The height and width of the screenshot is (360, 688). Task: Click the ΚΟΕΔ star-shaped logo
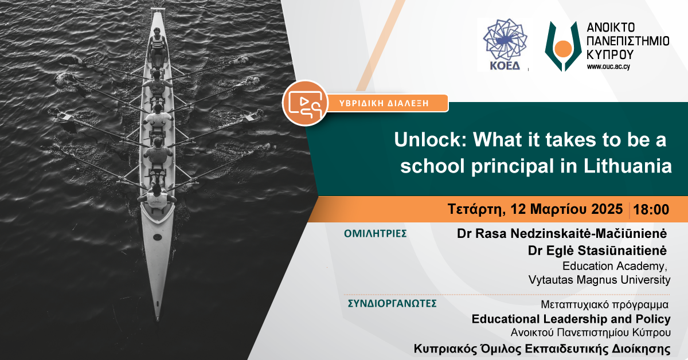[505, 40]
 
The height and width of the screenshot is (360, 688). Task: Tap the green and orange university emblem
[563, 46]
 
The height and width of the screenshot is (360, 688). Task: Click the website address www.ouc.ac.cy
[608, 66]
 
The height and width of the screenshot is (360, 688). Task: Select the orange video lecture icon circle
[305, 103]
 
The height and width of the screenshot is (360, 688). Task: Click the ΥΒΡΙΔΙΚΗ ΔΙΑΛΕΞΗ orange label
[384, 103]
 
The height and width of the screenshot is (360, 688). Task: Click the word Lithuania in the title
[627, 166]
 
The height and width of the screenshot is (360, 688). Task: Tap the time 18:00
[651, 209]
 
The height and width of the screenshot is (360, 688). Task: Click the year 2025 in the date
[607, 209]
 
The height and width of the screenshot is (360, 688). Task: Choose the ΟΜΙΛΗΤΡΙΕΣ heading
[376, 234]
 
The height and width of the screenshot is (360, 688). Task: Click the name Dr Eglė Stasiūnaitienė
[597, 251]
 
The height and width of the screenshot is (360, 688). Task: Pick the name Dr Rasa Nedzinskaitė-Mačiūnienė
[562, 234]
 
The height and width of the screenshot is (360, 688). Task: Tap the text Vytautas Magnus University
[599, 280]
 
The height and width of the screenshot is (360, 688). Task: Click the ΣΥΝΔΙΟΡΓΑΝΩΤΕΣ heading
[392, 303]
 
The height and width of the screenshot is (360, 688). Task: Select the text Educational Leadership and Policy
[571, 319]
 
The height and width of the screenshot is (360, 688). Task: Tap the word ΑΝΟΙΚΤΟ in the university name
[611, 28]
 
